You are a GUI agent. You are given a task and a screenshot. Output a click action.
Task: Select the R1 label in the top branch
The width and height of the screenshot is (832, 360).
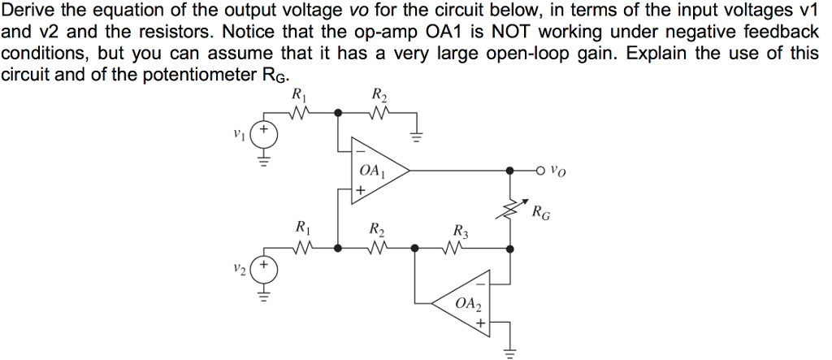click(298, 93)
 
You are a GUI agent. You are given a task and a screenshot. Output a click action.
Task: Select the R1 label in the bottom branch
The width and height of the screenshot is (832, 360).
click(301, 228)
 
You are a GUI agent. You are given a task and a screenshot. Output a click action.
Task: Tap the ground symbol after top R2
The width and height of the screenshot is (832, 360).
click(416, 136)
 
